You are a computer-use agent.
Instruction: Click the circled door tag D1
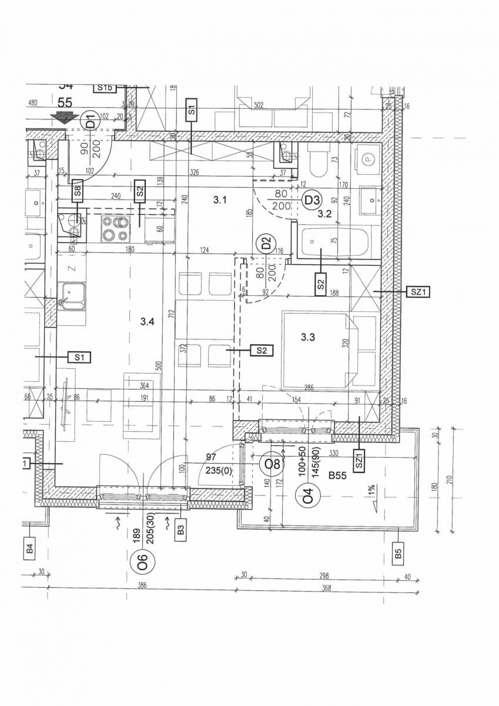point(91,122)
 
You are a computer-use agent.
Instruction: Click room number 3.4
point(148,321)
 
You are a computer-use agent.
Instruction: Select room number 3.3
point(308,337)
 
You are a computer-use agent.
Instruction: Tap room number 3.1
point(220,200)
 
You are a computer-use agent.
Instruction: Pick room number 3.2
point(325,215)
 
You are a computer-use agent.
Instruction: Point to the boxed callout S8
point(78,191)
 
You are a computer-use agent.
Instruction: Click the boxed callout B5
point(398,554)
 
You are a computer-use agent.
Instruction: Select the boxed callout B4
point(30,551)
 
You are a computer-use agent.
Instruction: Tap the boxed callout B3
point(180,531)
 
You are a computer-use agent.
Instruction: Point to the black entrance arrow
point(61,117)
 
